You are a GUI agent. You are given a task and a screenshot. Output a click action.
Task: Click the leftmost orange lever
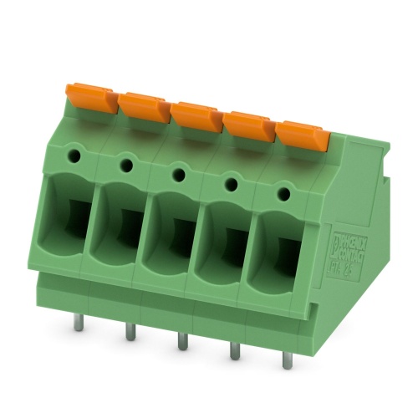[92, 97]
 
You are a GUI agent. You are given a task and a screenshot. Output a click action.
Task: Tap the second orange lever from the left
[144, 106]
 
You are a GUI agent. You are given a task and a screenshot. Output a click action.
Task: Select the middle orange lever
[196, 116]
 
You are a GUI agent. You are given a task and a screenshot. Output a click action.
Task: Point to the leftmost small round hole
[74, 155]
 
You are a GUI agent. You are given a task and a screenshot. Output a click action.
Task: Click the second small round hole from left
[126, 166]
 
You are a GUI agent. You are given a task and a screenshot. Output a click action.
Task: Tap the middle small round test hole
[179, 175]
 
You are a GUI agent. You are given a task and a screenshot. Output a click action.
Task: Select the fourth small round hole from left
[232, 185]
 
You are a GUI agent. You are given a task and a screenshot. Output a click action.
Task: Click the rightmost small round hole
[284, 194]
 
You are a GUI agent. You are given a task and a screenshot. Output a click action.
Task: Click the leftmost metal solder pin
[78, 321]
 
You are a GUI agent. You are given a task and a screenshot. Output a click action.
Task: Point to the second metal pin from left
[130, 331]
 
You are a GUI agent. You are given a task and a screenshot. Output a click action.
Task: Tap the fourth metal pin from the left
[235, 350]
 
